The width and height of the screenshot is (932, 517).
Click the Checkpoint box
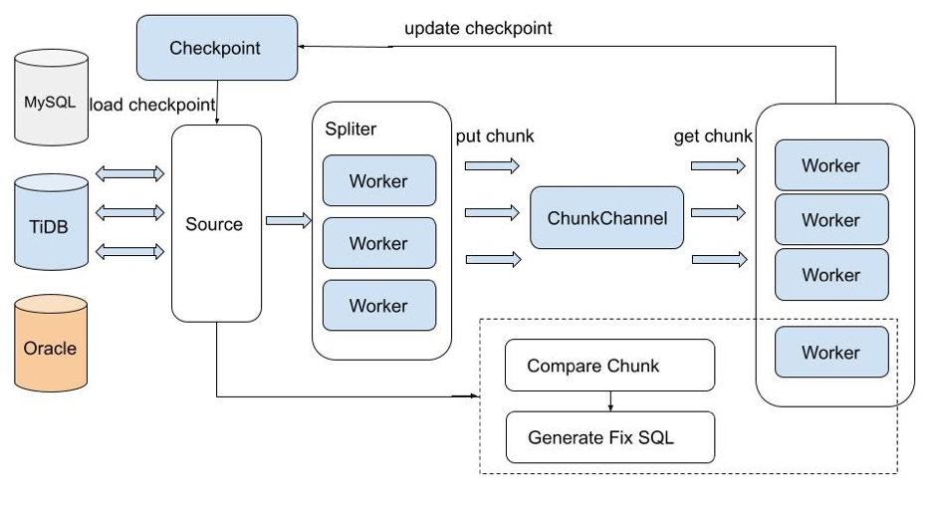pyautogui.click(x=216, y=48)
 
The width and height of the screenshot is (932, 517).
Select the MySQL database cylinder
pyautogui.click(x=51, y=101)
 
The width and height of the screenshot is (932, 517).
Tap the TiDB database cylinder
pyautogui.click(x=51, y=223)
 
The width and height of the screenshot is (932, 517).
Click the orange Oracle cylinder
pyautogui.click(x=51, y=348)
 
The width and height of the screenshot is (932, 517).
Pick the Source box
pyautogui.click(x=214, y=224)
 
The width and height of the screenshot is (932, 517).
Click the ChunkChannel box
pyautogui.click(x=607, y=217)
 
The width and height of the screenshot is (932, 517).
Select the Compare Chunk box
pyautogui.click(x=609, y=366)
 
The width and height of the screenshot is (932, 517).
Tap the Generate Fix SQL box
pyautogui.click(x=609, y=437)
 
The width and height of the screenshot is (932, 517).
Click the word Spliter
pyautogui.click(x=350, y=129)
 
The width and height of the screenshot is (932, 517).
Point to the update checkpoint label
pyautogui.click(x=478, y=28)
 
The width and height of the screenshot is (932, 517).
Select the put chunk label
pyautogui.click(x=495, y=136)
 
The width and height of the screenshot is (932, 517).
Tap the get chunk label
pyautogui.click(x=713, y=136)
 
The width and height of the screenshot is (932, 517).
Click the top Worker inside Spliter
pyautogui.click(x=378, y=181)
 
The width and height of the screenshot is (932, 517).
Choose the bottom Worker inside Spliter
pyautogui.click(x=378, y=306)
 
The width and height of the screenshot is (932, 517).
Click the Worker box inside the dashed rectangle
pyautogui.click(x=830, y=353)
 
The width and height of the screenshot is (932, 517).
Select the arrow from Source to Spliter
pyautogui.click(x=289, y=221)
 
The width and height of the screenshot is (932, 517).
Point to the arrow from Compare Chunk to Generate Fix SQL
pyautogui.click(x=609, y=400)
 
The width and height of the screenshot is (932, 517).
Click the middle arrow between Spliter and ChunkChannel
pyautogui.click(x=492, y=212)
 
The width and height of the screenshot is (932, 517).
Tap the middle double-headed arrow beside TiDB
pyautogui.click(x=129, y=212)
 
